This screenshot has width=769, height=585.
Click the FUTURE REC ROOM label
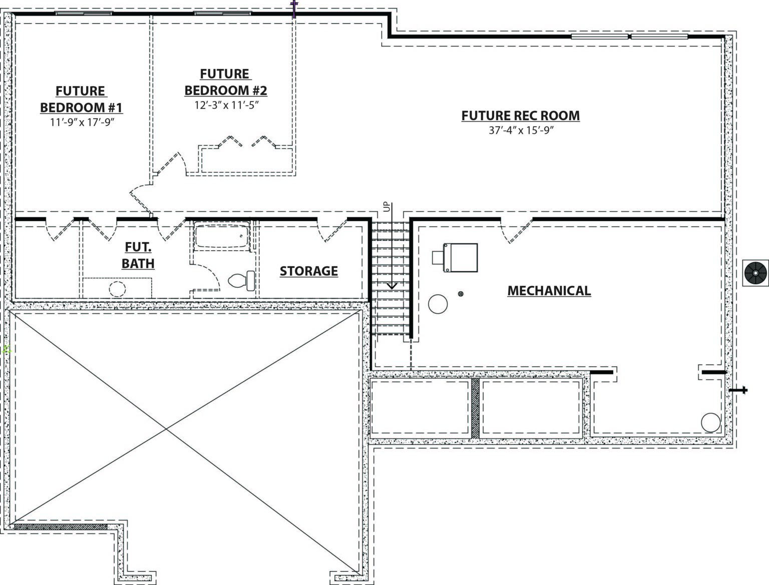click(x=520, y=116)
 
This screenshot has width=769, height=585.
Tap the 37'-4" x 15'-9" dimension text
click(x=521, y=131)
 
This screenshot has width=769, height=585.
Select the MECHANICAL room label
click(x=549, y=291)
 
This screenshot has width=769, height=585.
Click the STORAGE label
click(x=308, y=271)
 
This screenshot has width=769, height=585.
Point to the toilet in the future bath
click(x=242, y=280)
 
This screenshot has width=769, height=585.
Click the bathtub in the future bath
click(x=222, y=236)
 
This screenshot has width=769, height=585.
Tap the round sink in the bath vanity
click(x=117, y=289)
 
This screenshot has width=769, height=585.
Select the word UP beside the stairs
click(x=387, y=207)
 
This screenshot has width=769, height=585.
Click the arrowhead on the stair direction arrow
click(x=392, y=286)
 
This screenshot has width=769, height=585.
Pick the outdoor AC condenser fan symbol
click(x=756, y=273)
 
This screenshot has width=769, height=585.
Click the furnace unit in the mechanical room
click(x=455, y=258)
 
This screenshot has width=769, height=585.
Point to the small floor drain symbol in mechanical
click(x=461, y=294)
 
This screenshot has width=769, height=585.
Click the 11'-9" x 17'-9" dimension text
click(x=82, y=122)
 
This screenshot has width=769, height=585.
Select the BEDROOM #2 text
click(x=226, y=90)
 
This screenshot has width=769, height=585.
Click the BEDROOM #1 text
click(x=81, y=107)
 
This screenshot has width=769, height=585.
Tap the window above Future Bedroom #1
click(x=84, y=14)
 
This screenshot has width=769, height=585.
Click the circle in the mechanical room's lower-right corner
click(x=710, y=422)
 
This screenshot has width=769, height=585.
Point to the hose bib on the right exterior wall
click(x=738, y=390)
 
